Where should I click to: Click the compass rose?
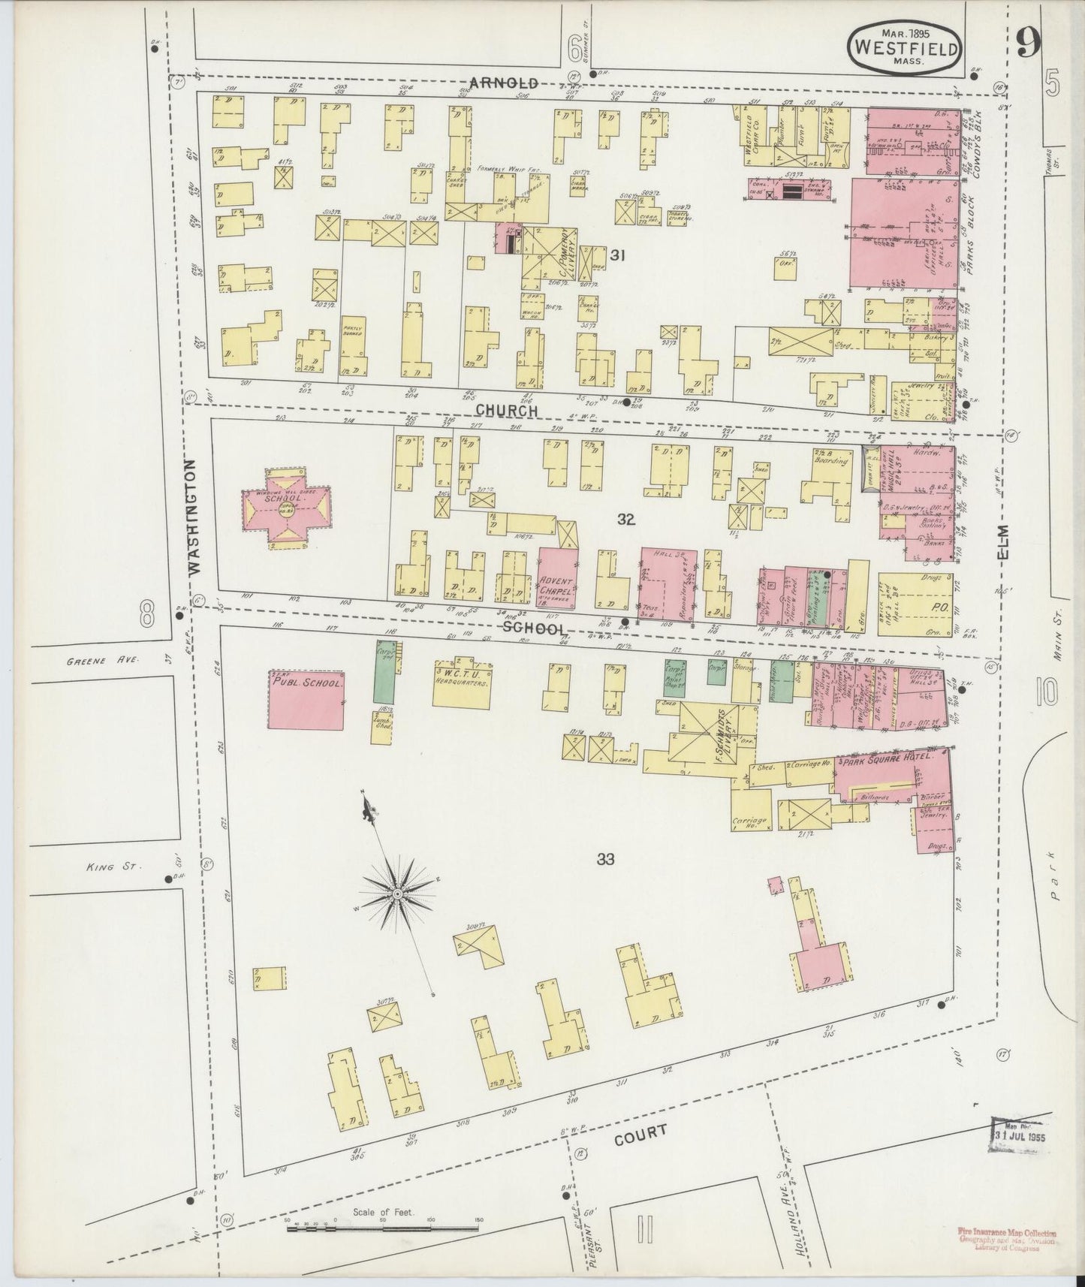pyautogui.click(x=396, y=894)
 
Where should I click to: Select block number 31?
pyautogui.click(x=617, y=255)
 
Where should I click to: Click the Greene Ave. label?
pyautogui.click(x=84, y=660)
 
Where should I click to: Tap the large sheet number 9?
pyautogui.click(x=1028, y=45)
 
